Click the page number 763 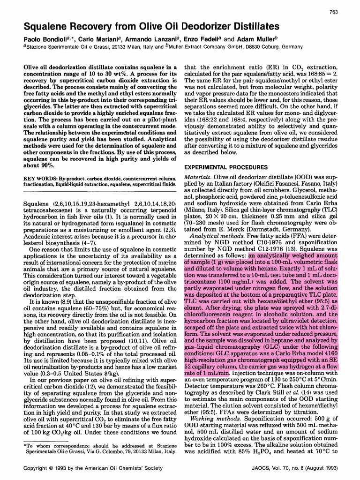point(334,12)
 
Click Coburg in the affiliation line point(267,47)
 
